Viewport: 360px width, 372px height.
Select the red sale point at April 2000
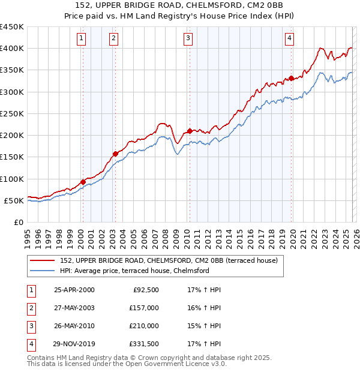[x=83, y=182]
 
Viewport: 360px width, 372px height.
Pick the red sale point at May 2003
[x=116, y=154]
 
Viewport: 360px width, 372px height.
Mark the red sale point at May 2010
[x=190, y=131]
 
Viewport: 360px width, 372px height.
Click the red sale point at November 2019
[x=291, y=78]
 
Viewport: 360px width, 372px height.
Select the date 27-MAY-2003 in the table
[x=74, y=308]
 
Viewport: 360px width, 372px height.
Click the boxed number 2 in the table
[x=30, y=308]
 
